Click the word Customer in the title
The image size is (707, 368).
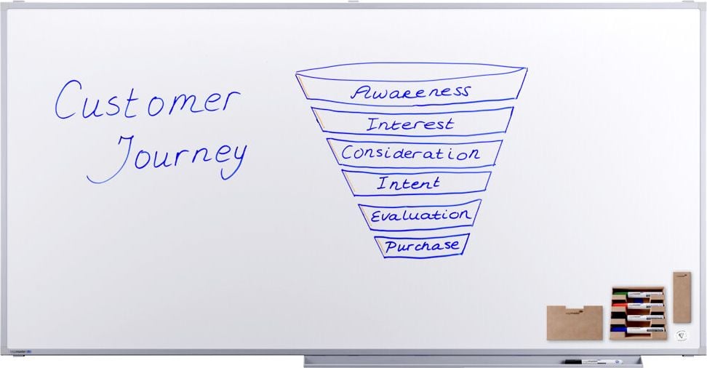[x=148, y=100]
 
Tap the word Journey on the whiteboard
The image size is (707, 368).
[x=167, y=158]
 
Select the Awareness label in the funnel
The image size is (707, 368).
[x=410, y=92]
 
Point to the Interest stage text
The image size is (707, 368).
[x=410, y=124]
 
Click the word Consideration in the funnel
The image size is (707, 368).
[x=410, y=153]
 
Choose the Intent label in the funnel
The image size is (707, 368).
[x=409, y=183]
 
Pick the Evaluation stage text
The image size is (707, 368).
[x=420, y=215]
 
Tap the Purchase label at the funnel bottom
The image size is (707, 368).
[x=422, y=247]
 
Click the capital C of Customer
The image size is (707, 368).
[x=68, y=100]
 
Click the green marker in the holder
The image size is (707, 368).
[x=638, y=295]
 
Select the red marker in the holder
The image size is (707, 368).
[x=638, y=306]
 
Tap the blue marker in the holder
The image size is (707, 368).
[x=638, y=330]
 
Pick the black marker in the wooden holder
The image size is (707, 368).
[x=638, y=318]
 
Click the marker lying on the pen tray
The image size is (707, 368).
[x=593, y=361]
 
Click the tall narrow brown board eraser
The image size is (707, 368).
[x=682, y=297]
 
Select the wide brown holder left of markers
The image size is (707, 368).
[x=575, y=322]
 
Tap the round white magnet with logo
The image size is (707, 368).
[x=682, y=335]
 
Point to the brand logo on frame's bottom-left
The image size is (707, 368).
[x=20, y=351]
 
